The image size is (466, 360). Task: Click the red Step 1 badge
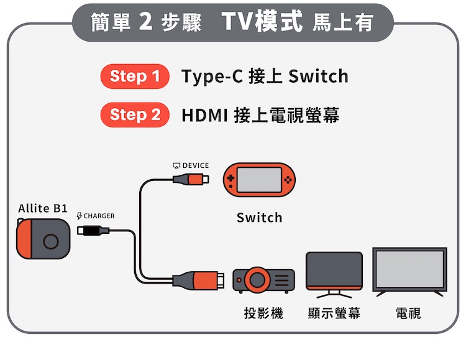135,76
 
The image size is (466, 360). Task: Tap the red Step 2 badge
135,115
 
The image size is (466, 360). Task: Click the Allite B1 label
43,208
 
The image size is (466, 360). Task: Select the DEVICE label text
195,165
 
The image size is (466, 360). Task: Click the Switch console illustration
260,181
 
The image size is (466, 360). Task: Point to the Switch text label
259,218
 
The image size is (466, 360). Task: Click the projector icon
263,280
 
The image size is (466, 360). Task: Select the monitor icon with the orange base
334,272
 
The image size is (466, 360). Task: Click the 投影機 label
263,313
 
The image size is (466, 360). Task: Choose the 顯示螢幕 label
334,313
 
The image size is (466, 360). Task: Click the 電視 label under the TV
408,313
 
